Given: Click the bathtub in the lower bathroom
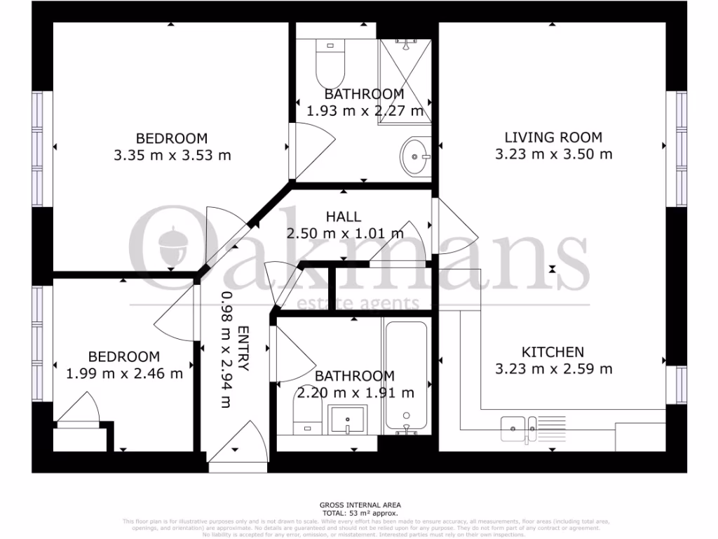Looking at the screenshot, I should [406, 378].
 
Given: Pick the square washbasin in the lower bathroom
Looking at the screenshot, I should [347, 420].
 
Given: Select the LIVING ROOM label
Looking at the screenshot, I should [553, 138].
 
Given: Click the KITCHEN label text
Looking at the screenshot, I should [553, 352].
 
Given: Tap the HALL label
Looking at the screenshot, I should [344, 217].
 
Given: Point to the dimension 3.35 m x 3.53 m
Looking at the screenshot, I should [172, 155].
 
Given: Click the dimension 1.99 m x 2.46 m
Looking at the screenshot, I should [124, 373].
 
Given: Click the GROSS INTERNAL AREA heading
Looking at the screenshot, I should [360, 505].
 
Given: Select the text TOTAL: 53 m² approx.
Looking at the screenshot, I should [360, 513].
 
